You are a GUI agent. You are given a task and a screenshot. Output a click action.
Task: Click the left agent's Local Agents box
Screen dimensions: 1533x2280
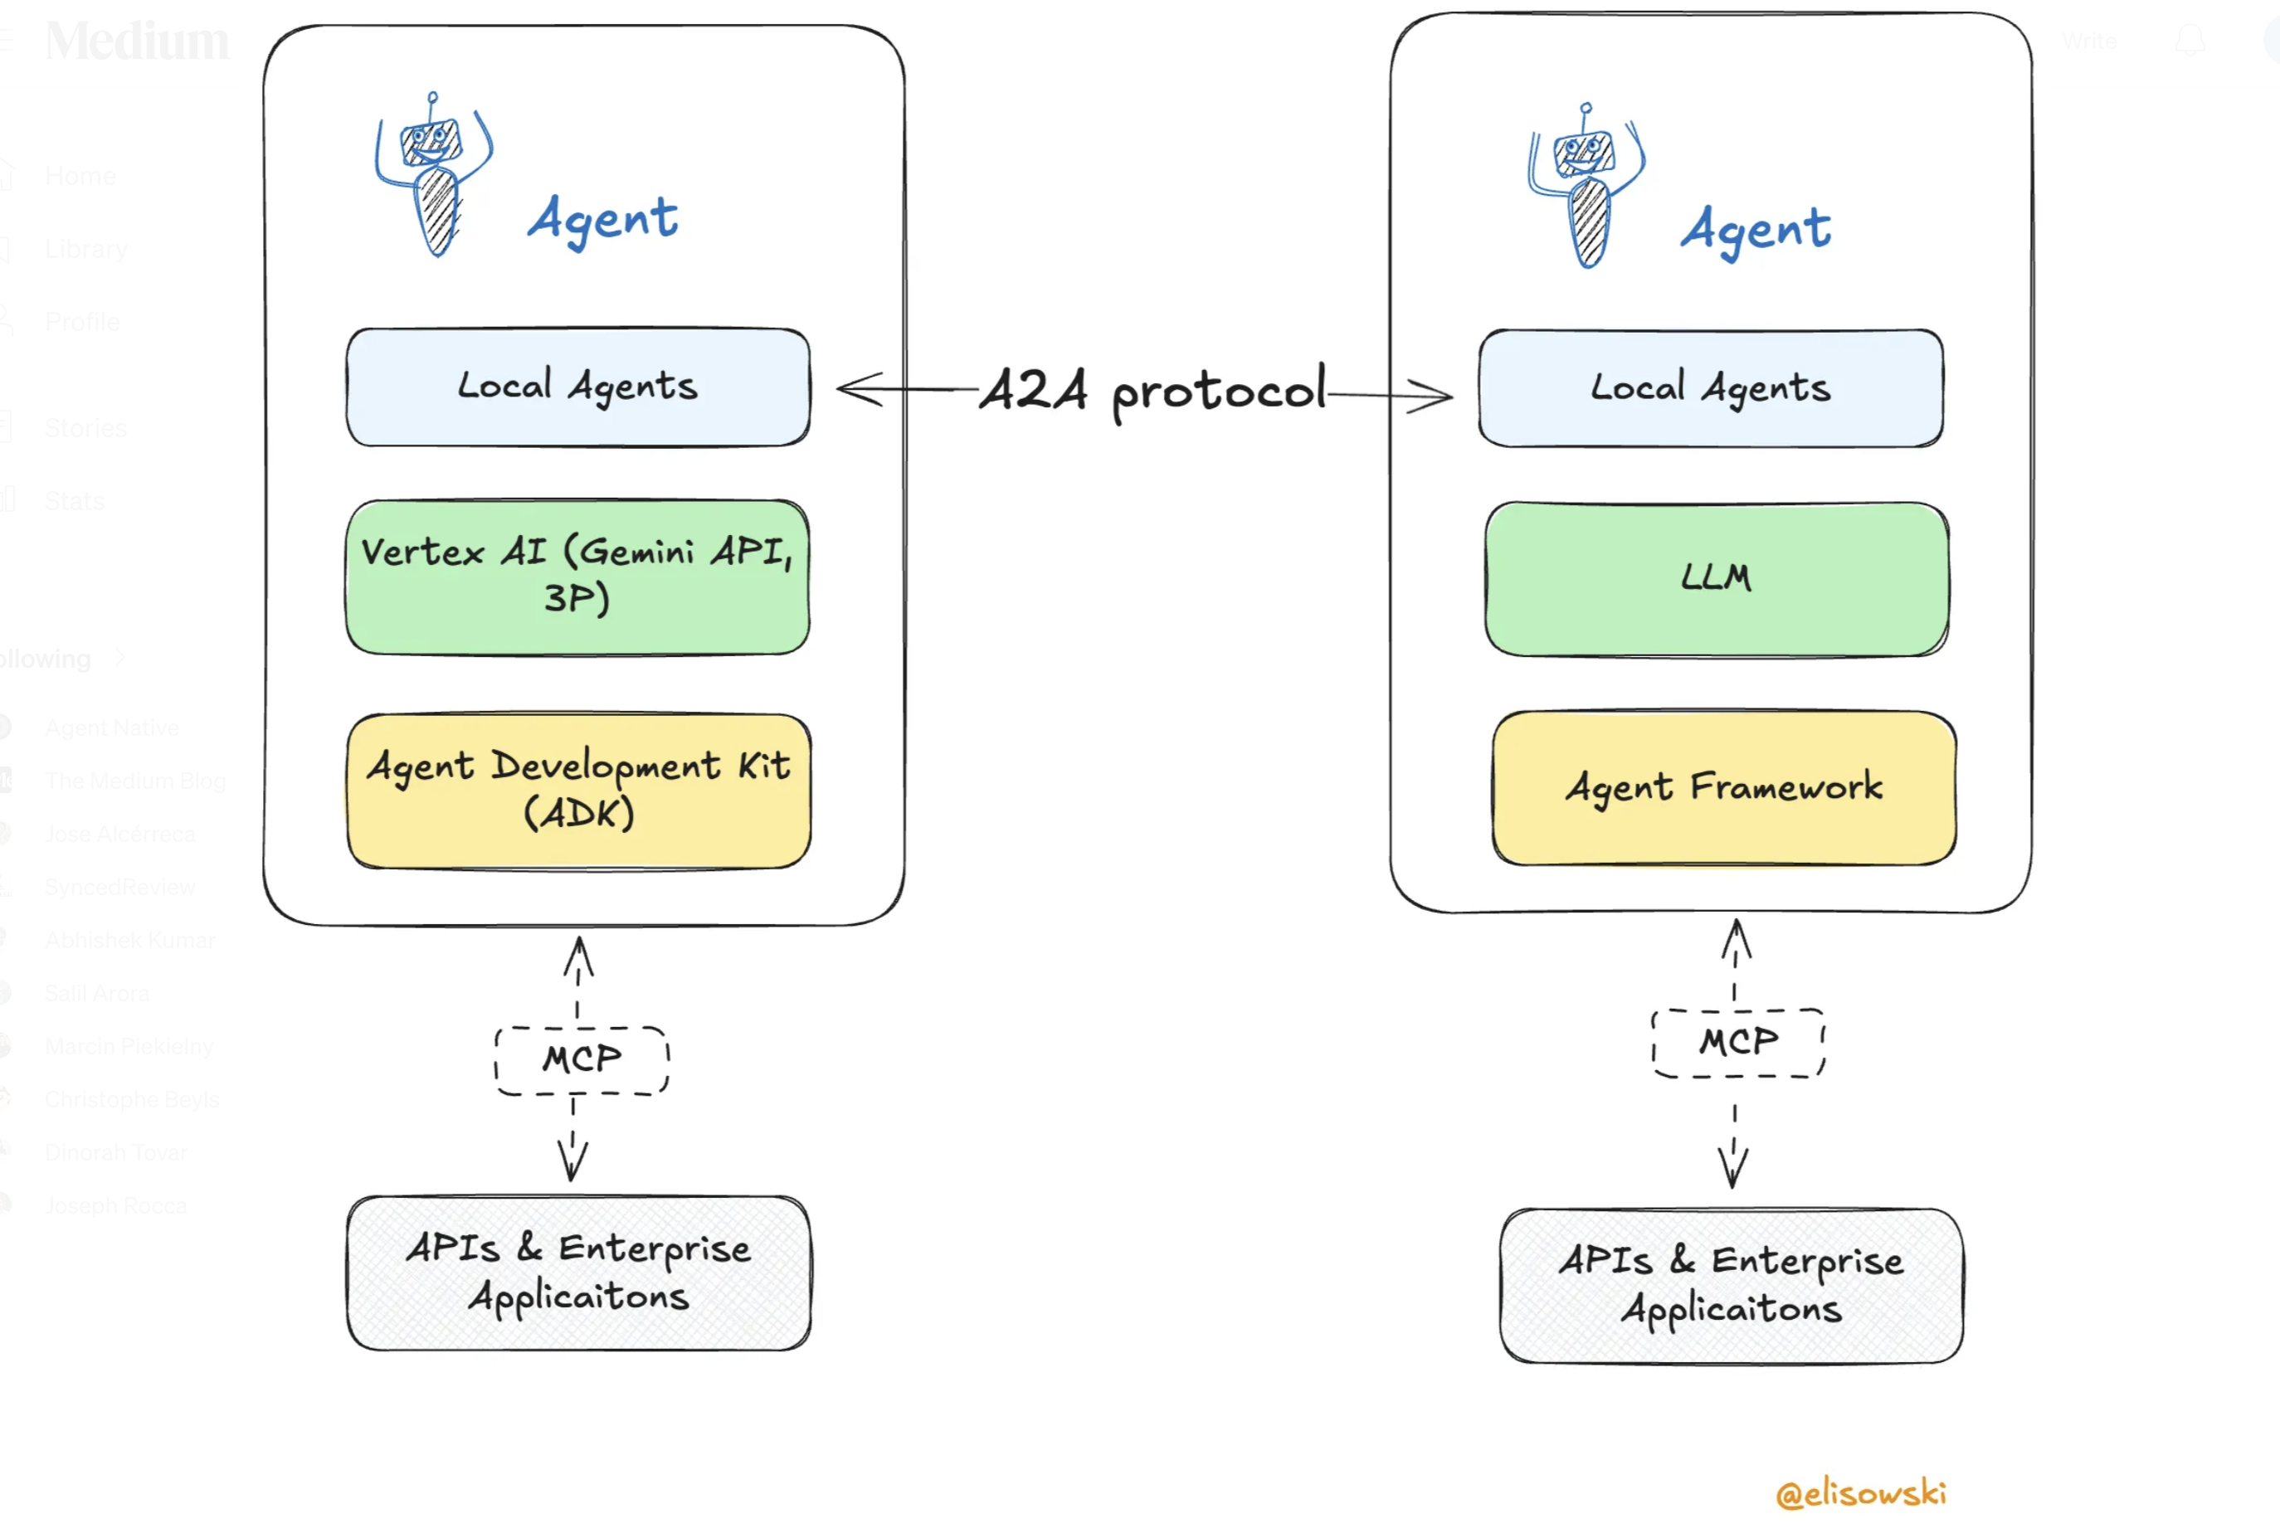[x=577, y=387]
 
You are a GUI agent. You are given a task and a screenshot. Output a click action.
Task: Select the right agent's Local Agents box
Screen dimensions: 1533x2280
[x=1710, y=388]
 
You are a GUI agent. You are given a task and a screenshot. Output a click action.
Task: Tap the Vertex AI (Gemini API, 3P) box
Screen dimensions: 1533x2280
[x=577, y=577]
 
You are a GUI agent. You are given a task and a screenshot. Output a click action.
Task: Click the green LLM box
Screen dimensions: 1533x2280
[x=1716, y=579]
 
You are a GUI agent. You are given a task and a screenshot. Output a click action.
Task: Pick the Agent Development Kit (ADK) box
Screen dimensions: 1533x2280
[x=579, y=790]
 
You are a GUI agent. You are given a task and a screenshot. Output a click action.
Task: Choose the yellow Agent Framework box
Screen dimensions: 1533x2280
[x=1723, y=788]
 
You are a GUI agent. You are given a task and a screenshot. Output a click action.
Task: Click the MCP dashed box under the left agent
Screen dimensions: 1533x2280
[x=582, y=1060]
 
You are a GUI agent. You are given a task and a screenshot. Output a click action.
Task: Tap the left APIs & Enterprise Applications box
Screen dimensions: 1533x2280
[x=579, y=1273]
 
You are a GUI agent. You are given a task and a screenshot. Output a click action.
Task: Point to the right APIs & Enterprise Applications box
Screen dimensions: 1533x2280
[x=1732, y=1286]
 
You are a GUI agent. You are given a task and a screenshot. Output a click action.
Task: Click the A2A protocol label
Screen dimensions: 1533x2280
[x=1152, y=391]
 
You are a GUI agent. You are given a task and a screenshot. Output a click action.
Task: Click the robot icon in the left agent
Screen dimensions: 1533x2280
[x=434, y=174]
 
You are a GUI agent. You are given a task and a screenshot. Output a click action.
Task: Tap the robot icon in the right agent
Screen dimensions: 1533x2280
[x=1587, y=185]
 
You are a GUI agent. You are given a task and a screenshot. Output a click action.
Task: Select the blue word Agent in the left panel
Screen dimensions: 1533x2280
[x=602, y=220]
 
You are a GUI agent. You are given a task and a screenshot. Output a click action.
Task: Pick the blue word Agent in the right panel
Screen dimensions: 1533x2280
[x=1755, y=231]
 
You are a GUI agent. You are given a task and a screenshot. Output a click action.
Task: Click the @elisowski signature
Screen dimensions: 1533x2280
[x=1860, y=1493]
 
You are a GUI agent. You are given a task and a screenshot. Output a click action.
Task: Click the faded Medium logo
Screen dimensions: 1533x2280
[x=137, y=41]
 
